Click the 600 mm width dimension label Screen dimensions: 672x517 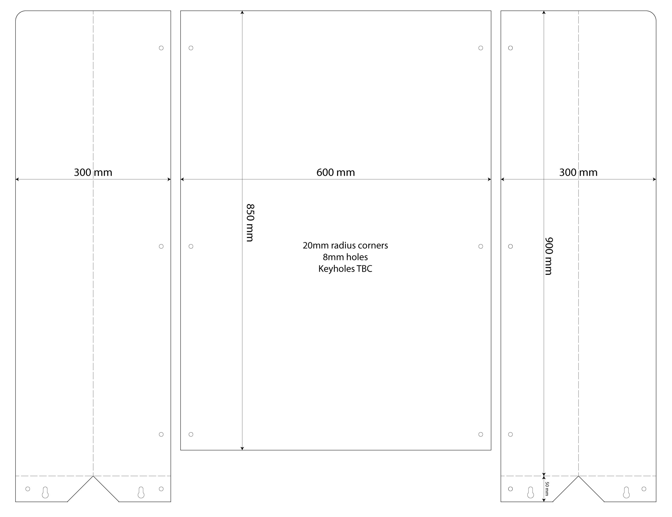coord(335,173)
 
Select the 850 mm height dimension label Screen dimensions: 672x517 coord(250,223)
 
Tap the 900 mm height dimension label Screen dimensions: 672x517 coord(549,256)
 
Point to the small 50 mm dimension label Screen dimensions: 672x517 coord(547,488)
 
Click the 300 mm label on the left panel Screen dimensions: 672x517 coord(93,173)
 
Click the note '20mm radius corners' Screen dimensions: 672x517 coord(345,246)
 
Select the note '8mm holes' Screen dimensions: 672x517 coord(345,257)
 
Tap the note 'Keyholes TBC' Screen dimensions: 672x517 coord(345,269)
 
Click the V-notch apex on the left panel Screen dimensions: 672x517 coord(93,476)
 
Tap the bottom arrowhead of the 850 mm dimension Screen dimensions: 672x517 coord(242,449)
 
